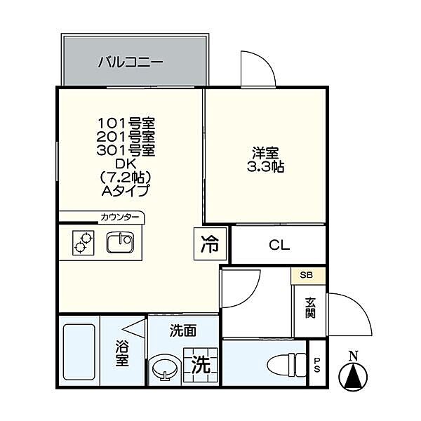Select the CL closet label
click(x=279, y=246)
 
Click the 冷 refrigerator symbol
click(x=210, y=244)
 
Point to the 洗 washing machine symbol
click(x=201, y=365)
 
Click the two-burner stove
click(x=83, y=243)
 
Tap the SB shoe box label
click(x=308, y=275)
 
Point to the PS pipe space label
click(x=316, y=364)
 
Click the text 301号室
click(x=126, y=150)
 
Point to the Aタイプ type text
click(x=126, y=189)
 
